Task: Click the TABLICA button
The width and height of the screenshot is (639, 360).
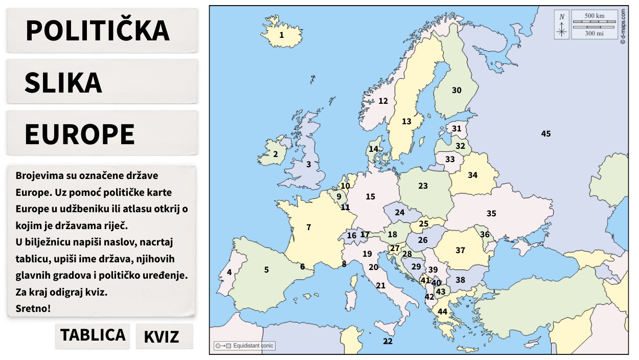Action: [93, 335]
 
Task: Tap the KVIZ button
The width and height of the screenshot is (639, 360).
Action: [162, 337]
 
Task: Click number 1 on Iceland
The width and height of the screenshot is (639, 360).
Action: [281, 35]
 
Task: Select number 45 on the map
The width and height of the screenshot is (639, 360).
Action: [546, 134]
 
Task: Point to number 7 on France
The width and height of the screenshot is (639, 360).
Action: [309, 228]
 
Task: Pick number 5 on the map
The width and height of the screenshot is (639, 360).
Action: [266, 269]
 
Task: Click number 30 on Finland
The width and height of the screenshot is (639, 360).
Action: [457, 90]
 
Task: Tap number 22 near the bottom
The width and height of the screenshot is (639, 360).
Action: [388, 341]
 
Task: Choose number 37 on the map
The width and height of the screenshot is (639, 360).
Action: [461, 250]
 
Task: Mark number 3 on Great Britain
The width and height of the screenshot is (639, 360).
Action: [308, 165]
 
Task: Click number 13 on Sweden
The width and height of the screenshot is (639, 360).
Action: [406, 122]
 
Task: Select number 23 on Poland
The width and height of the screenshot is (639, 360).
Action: [423, 186]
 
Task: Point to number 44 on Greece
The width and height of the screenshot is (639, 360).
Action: [442, 311]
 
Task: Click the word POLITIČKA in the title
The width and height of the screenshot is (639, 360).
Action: [97, 30]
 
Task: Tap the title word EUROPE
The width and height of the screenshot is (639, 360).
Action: [80, 134]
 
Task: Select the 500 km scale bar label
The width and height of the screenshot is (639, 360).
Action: [594, 16]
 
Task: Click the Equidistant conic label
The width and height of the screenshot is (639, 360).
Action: [253, 346]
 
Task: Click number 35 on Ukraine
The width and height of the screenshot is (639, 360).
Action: [491, 214]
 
